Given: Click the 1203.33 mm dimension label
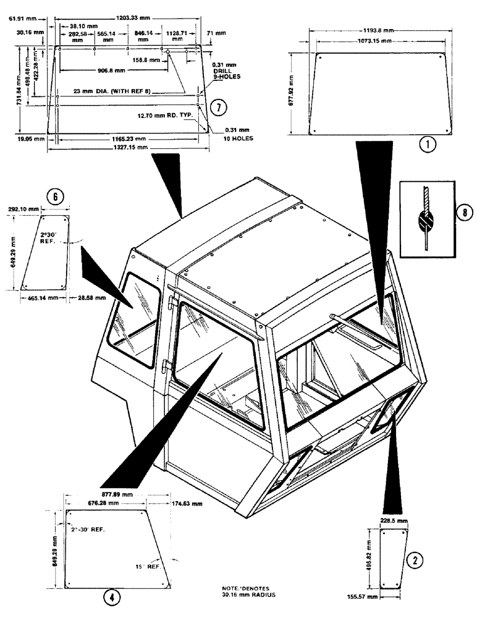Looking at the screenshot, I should [x=134, y=19].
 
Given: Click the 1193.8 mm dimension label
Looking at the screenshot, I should [x=378, y=30].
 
